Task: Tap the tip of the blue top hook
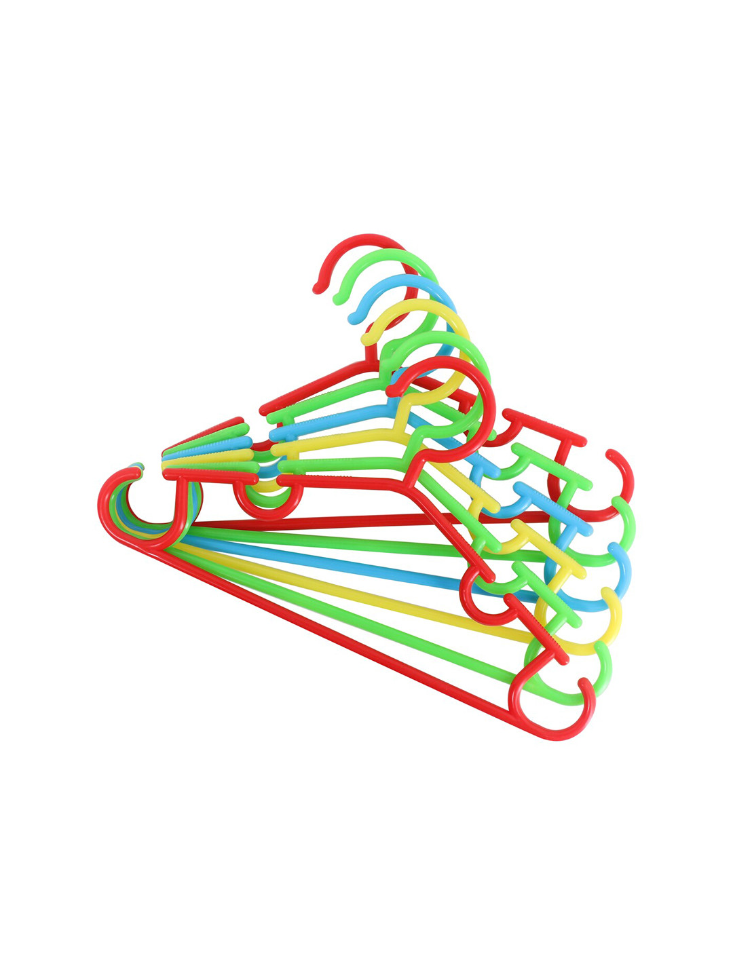[352, 317]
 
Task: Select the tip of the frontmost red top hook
[392, 389]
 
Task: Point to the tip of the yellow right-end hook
[608, 592]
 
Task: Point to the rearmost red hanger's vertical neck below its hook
[371, 352]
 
